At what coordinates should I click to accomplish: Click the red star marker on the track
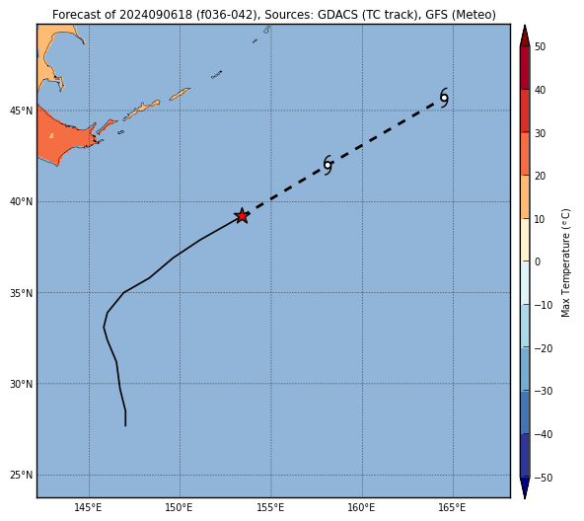[242, 216]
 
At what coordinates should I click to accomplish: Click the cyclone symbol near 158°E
[328, 165]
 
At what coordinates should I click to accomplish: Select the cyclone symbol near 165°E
[444, 98]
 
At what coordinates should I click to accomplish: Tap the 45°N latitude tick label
[22, 111]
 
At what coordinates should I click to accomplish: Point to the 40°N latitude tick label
[22, 201]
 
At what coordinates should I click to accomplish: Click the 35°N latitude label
[22, 293]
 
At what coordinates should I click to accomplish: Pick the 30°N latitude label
[22, 384]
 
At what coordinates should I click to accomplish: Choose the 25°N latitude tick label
[22, 476]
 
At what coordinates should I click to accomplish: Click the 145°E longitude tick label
[88, 507]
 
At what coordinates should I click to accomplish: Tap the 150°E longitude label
[180, 507]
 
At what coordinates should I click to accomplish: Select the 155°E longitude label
[270, 507]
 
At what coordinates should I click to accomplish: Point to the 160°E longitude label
[362, 507]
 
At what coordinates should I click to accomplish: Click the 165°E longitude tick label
[453, 507]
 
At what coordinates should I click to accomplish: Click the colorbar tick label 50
[540, 46]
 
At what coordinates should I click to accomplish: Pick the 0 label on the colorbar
[538, 261]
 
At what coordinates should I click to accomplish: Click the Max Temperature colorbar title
[565, 262]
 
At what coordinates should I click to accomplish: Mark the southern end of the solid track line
[125, 425]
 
